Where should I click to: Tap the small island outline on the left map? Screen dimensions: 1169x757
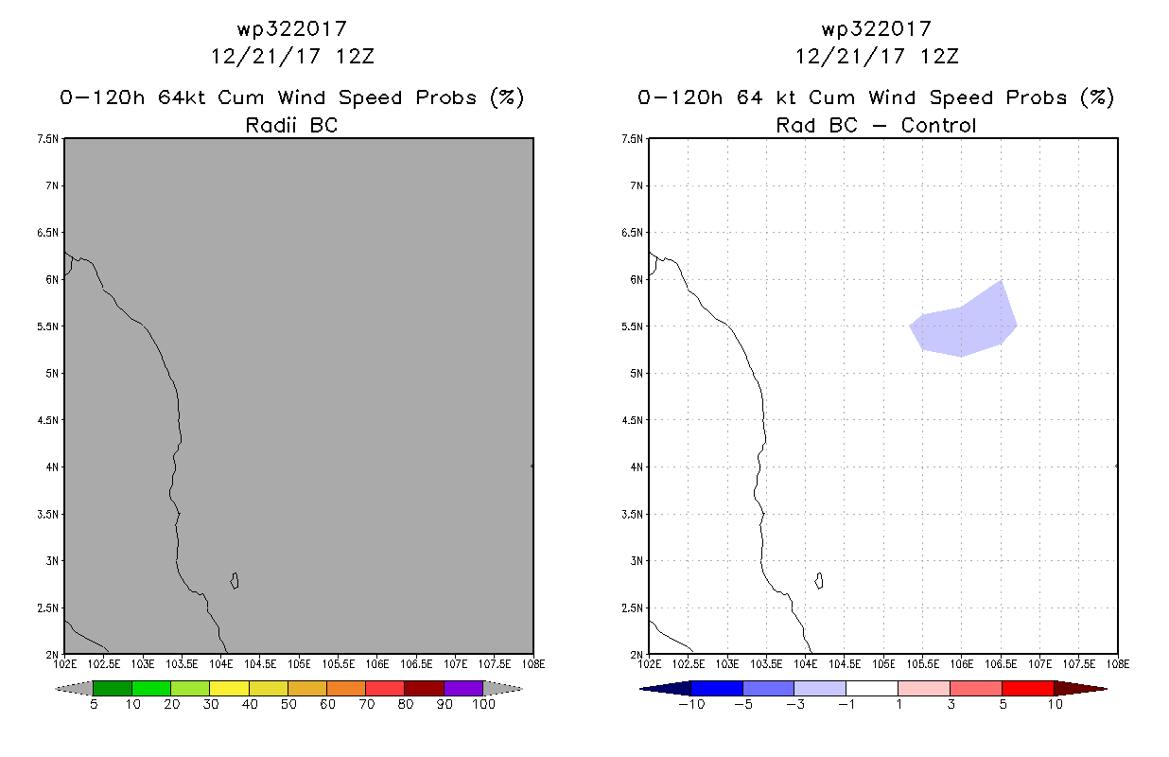point(235,581)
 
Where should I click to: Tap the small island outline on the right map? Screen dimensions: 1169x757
point(819,581)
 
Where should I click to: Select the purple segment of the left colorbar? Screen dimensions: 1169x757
point(463,688)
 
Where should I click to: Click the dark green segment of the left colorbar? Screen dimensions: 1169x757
point(113,688)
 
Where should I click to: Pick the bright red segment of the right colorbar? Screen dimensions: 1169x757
point(1028,688)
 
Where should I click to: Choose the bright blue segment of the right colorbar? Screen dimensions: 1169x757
point(717,688)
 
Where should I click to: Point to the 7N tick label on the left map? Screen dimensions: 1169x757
point(52,185)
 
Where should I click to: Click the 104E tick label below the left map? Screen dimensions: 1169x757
point(220,664)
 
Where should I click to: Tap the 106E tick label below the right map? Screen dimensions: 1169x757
point(961,664)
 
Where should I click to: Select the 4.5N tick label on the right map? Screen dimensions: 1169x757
point(632,420)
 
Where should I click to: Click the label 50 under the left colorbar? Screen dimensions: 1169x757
point(288,704)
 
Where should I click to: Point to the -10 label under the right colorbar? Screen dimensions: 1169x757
point(691,704)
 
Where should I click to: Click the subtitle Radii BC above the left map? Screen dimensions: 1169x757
point(291,125)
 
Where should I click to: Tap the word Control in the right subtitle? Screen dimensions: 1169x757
point(938,125)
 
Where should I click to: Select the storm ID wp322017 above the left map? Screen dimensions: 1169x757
point(291,29)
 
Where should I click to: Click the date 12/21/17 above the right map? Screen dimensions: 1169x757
point(850,57)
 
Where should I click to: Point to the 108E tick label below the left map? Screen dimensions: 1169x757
point(533,664)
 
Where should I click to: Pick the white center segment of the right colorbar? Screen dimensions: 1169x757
point(872,688)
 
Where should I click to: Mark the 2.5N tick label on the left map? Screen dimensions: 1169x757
point(47,608)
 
